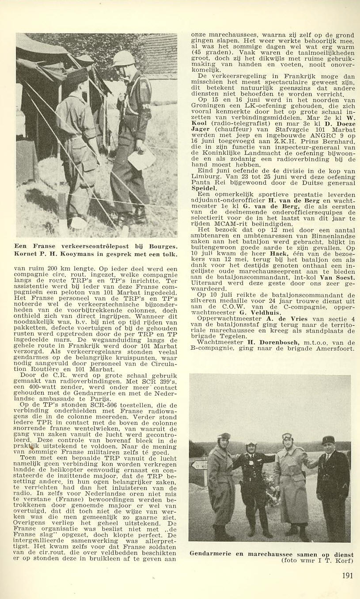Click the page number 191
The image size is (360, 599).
pyautogui.click(x=348, y=575)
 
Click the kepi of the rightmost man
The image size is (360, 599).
pyautogui.click(x=328, y=439)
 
